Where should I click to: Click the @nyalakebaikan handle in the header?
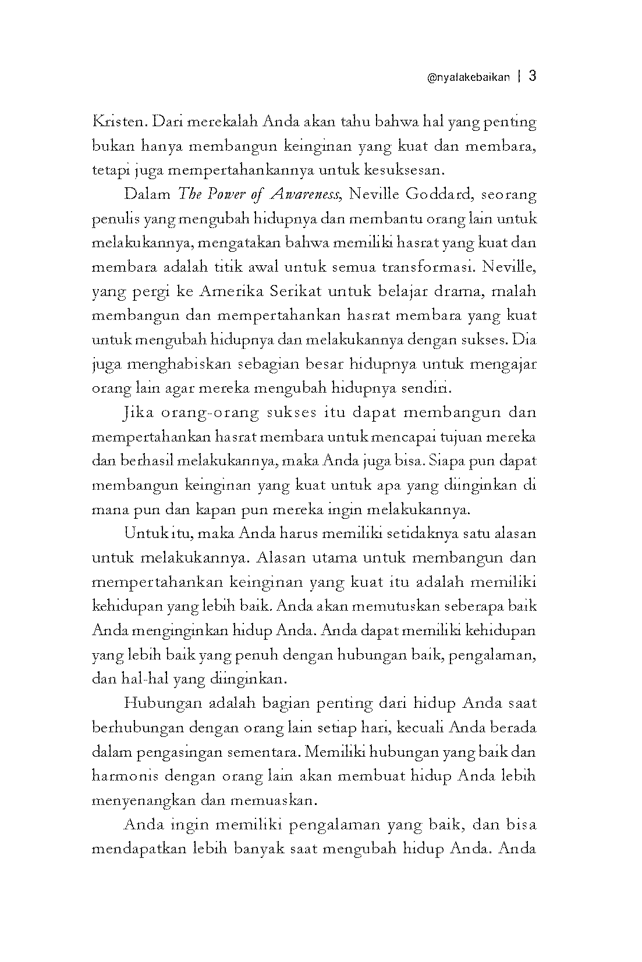[469, 77]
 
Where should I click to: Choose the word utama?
[334, 558]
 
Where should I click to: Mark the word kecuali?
[420, 728]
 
